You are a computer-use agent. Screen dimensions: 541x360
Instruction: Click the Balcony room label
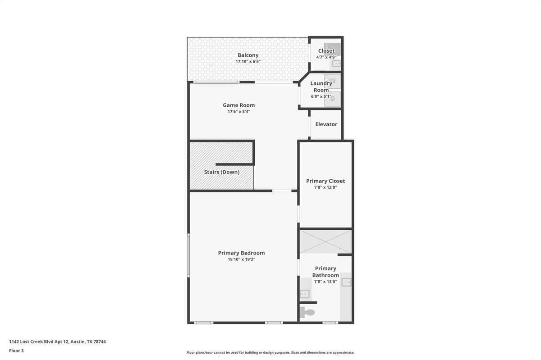(248, 55)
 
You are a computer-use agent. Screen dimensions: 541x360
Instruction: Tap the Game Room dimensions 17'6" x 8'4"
(239, 112)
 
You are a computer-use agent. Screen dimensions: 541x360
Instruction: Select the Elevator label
(326, 124)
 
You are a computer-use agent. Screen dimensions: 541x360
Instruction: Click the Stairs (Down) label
(222, 172)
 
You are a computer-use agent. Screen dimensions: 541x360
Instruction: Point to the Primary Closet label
(326, 181)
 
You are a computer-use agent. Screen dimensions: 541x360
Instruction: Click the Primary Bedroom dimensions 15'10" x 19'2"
(241, 260)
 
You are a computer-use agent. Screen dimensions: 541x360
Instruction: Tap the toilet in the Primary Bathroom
(307, 312)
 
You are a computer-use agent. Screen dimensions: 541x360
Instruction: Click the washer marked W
(333, 81)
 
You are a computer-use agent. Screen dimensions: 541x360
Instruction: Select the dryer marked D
(333, 99)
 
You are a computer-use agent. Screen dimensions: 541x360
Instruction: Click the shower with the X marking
(326, 242)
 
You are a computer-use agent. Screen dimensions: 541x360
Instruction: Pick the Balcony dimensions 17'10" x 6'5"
(248, 62)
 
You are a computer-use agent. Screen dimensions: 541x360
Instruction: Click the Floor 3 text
(16, 351)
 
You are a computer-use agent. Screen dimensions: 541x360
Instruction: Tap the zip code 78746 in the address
(100, 342)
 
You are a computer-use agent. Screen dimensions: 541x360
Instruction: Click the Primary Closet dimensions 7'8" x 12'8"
(326, 187)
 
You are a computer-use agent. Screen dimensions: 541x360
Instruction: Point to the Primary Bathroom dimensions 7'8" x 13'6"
(326, 282)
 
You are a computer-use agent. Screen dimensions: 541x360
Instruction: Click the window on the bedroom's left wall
(188, 255)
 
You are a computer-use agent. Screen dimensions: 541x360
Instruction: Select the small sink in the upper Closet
(337, 64)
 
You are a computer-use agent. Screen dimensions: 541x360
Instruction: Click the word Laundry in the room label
(321, 83)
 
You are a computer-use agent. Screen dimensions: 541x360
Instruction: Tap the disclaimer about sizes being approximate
(270, 352)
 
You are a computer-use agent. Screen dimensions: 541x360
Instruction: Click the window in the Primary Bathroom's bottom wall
(330, 323)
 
